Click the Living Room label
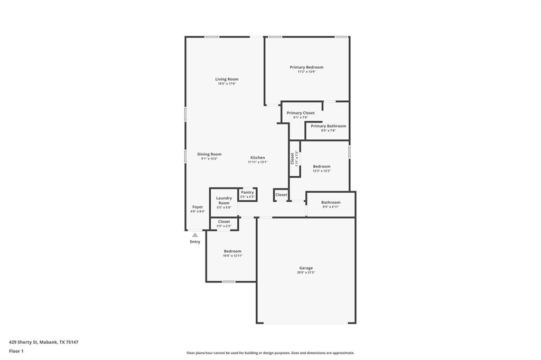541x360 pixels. [227, 79]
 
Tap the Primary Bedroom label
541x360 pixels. [306, 67]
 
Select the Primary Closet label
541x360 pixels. [301, 113]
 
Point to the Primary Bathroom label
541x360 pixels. [328, 126]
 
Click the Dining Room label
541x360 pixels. [209, 154]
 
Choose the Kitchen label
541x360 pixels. [258, 158]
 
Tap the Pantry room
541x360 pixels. [247, 194]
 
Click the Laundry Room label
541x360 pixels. [224, 201]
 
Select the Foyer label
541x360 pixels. [198, 207]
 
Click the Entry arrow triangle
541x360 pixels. [195, 235]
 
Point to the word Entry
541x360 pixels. [195, 242]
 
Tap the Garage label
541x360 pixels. [306, 268]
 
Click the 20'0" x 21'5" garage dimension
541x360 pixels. [306, 273]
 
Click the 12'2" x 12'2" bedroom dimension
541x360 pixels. [321, 171]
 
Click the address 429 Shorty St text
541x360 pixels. [44, 342]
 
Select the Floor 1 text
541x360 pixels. [16, 351]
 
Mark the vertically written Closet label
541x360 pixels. [292, 158]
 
